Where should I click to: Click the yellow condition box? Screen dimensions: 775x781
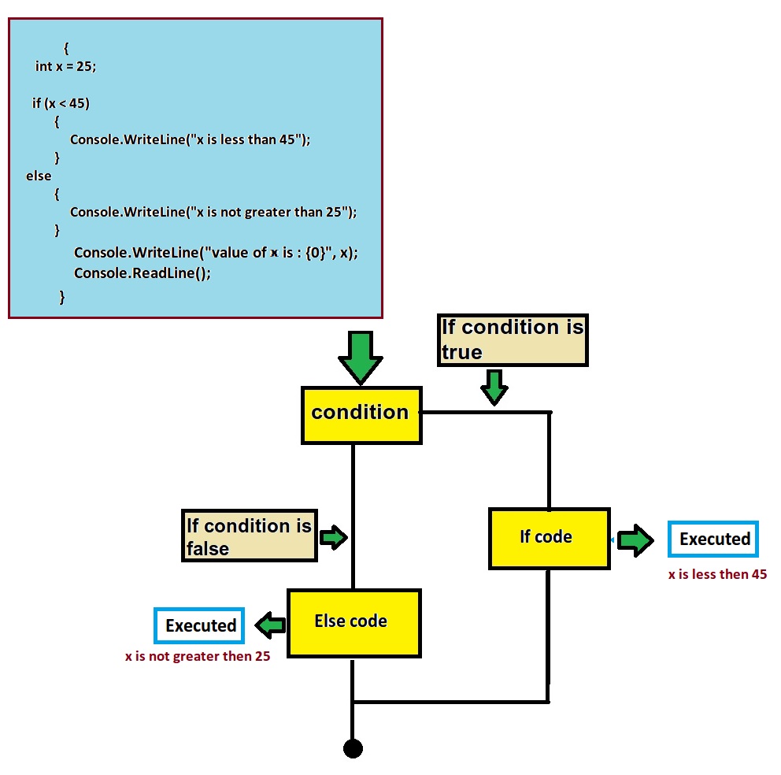click(361, 413)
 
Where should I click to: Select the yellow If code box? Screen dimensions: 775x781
click(549, 538)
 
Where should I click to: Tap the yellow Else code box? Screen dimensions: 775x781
click(353, 622)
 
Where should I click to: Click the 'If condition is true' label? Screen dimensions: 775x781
click(513, 339)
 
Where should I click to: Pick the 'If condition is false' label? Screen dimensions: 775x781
click(249, 536)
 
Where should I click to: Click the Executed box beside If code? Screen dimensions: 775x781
click(713, 540)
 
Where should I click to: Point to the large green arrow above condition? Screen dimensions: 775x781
click(361, 358)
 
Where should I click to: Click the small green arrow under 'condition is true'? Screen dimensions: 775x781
click(494, 387)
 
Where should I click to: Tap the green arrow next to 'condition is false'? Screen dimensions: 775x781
click(333, 538)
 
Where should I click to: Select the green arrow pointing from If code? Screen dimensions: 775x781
click(635, 540)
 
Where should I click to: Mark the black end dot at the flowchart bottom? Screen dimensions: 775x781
click(353, 748)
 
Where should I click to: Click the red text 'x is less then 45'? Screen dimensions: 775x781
click(717, 575)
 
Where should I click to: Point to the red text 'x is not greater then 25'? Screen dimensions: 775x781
click(198, 656)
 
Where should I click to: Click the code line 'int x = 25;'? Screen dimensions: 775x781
click(65, 67)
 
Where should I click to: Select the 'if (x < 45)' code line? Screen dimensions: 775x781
click(56, 103)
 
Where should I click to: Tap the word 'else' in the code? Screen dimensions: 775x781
click(39, 176)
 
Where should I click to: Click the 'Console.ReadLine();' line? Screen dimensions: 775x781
click(143, 273)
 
